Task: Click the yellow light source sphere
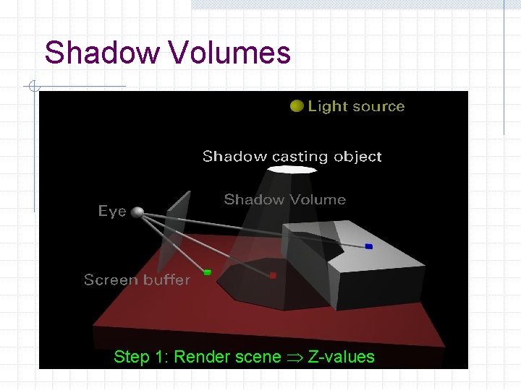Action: (296, 106)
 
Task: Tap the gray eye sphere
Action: (137, 212)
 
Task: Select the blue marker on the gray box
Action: (369, 246)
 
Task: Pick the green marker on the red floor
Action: (207, 272)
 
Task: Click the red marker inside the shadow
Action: (273, 275)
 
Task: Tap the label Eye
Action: (112, 211)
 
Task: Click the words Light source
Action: (356, 106)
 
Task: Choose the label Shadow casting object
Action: (292, 156)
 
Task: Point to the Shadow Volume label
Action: (284, 199)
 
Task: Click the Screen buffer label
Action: (137, 279)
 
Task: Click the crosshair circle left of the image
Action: (33, 87)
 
